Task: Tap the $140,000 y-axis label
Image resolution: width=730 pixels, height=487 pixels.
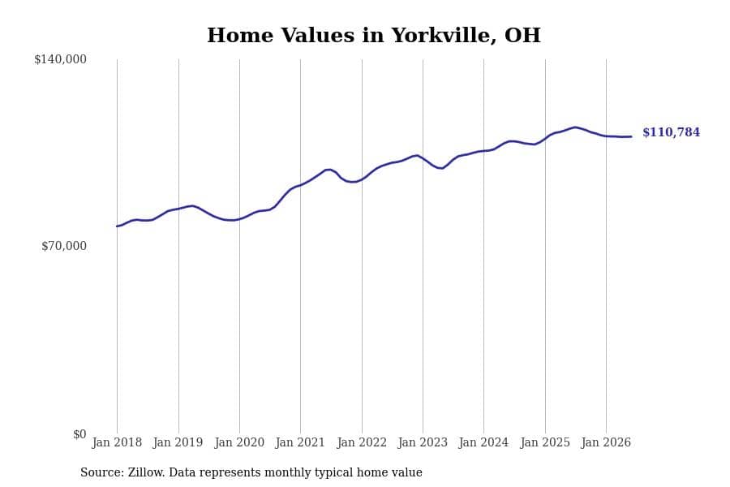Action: (61, 59)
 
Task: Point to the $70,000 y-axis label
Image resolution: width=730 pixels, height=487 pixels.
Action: (64, 246)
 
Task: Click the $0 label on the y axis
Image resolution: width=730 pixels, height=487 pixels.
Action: (79, 434)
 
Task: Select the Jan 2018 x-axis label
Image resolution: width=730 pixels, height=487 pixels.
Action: (117, 442)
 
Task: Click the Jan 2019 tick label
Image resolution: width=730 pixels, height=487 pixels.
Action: (178, 442)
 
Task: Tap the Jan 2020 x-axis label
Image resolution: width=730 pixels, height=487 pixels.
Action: (239, 442)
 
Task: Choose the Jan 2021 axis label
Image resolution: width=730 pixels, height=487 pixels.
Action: (300, 442)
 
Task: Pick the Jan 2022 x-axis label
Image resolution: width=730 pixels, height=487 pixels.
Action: (362, 442)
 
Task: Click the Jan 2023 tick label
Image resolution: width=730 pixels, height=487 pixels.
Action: (423, 442)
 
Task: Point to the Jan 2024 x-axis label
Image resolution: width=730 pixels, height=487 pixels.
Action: (483, 442)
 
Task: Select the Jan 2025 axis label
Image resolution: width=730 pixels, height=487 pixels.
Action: (545, 442)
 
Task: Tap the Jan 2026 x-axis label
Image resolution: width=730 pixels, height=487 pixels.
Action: (606, 442)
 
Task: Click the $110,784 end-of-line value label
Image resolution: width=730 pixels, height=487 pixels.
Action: (672, 132)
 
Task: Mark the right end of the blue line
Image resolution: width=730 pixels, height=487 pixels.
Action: (631, 136)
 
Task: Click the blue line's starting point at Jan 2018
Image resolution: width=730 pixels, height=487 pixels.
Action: (117, 226)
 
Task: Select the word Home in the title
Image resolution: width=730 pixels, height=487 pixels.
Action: (240, 36)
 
